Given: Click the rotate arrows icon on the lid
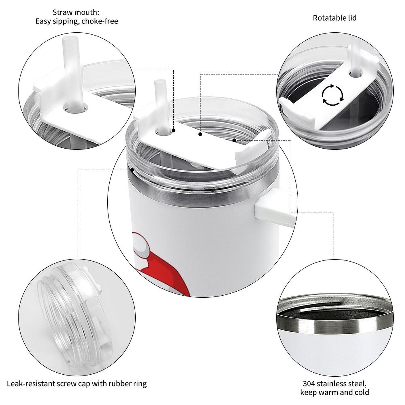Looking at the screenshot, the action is click(333, 95).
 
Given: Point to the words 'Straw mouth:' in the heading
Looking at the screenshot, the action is click(76, 12).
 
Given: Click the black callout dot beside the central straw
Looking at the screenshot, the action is click(174, 131).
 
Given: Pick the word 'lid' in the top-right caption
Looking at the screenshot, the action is click(353, 18).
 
